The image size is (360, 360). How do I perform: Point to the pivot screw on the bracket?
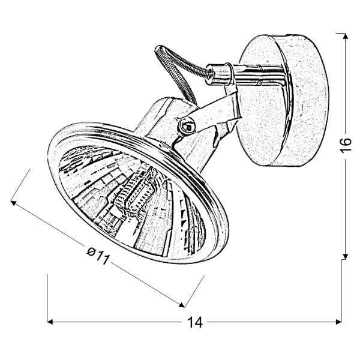[187, 125]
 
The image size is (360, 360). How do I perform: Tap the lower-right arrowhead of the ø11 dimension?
[183, 302]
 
